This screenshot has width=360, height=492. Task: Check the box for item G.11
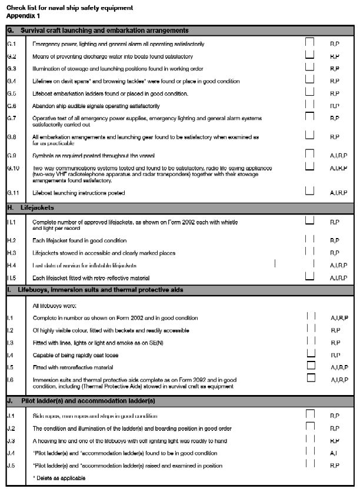(309, 190)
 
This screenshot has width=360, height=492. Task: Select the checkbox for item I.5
(311, 366)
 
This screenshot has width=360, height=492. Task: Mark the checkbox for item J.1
(311, 414)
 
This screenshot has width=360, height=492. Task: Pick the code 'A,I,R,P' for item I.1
(339, 317)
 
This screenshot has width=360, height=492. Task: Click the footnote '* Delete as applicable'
(59, 478)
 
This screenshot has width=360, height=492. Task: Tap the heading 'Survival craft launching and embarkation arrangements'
(105, 30)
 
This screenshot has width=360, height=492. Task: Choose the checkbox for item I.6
(311, 378)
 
